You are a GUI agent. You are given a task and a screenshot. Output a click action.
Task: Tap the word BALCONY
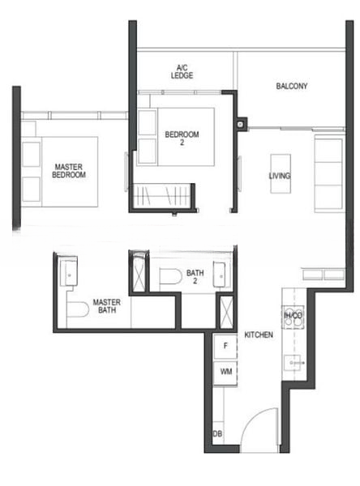291,86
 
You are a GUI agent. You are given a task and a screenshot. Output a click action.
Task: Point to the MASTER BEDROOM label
69,171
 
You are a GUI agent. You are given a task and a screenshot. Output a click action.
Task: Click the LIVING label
280,176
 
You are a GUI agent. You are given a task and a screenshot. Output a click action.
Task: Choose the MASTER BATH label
106,305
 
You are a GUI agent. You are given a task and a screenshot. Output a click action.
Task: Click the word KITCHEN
259,335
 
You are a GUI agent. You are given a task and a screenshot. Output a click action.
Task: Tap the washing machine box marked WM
225,372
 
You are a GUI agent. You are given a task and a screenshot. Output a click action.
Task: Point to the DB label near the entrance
216,435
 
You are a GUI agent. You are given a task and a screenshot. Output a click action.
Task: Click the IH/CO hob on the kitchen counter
292,317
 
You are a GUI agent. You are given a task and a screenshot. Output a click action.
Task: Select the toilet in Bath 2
170,278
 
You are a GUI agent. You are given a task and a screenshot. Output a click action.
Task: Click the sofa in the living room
328,173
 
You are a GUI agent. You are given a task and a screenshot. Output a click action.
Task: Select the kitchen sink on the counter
292,360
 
